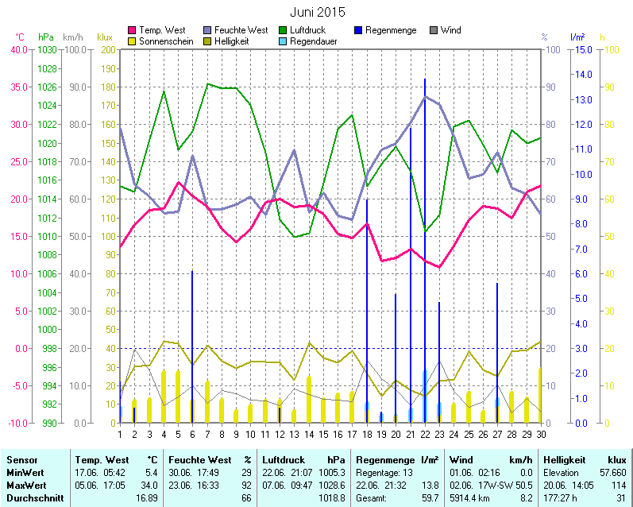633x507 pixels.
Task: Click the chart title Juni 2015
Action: [318, 12]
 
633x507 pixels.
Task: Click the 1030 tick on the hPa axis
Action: [47, 49]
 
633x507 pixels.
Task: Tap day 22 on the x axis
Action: [425, 434]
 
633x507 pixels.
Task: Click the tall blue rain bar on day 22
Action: [425, 238]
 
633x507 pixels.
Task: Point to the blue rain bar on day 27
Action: [497, 350]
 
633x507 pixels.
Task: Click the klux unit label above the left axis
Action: [105, 37]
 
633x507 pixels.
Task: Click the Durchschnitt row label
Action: [30, 497]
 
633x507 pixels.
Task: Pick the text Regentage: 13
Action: [385, 472]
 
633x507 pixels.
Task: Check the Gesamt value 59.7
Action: [430, 497]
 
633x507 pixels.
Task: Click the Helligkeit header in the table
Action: [564, 460]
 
